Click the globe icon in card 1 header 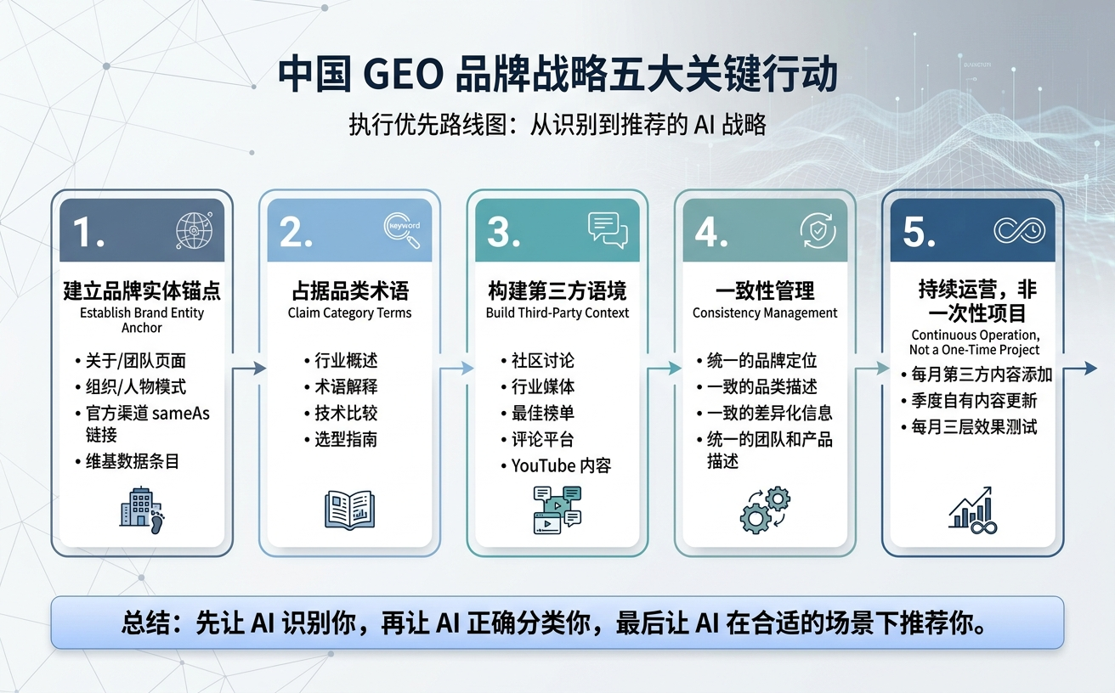192,230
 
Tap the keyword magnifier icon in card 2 402,229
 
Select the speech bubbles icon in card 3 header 607,229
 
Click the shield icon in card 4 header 818,229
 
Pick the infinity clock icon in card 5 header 1019,230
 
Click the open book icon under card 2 349,510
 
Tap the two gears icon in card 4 764,510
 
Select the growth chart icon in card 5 972,510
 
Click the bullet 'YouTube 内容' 561,465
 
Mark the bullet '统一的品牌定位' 761,360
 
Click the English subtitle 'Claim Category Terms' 349,313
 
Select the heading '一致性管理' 765,291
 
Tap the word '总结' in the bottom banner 149,623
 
